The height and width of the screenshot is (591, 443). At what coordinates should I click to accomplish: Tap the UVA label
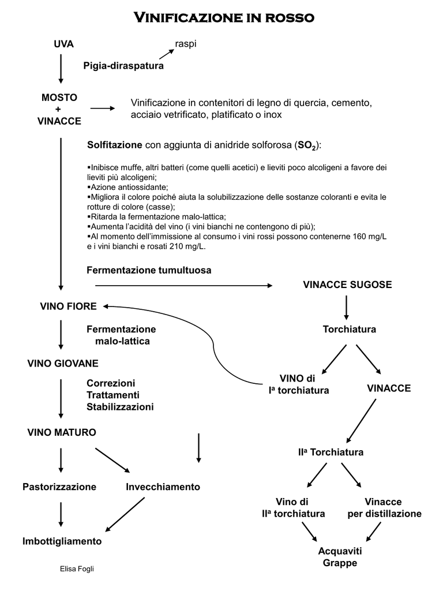coord(63,44)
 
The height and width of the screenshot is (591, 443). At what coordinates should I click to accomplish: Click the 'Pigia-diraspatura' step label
coord(123,66)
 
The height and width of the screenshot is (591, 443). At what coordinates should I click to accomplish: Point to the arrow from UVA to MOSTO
coord(61,69)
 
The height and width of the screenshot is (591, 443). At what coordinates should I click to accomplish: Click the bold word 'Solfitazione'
coord(114,144)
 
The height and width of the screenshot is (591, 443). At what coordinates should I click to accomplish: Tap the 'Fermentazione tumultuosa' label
coord(149,270)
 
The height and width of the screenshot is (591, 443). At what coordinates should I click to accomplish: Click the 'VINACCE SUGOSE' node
coord(347,285)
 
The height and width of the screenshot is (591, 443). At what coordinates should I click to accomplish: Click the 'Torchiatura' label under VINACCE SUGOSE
coord(349,329)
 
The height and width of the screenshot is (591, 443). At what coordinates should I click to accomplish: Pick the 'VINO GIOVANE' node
coord(63,364)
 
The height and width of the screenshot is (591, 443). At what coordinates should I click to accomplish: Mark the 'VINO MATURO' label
coord(62,432)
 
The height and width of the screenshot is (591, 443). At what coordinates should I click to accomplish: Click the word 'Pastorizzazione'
coord(59,487)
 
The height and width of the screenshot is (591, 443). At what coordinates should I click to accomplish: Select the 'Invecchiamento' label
coord(163,487)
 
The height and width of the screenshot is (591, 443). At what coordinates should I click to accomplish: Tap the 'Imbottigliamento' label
coord(62,541)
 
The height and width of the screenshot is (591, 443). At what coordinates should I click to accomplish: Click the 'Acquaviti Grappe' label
coord(340,557)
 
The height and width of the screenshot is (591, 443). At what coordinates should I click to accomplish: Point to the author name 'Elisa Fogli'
coord(77,570)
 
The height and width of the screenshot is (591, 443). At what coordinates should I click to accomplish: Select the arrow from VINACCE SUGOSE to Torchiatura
coord(346,308)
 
